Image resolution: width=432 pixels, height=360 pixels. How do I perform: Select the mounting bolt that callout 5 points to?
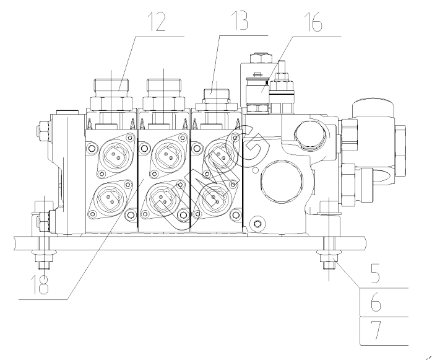[328, 260]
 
